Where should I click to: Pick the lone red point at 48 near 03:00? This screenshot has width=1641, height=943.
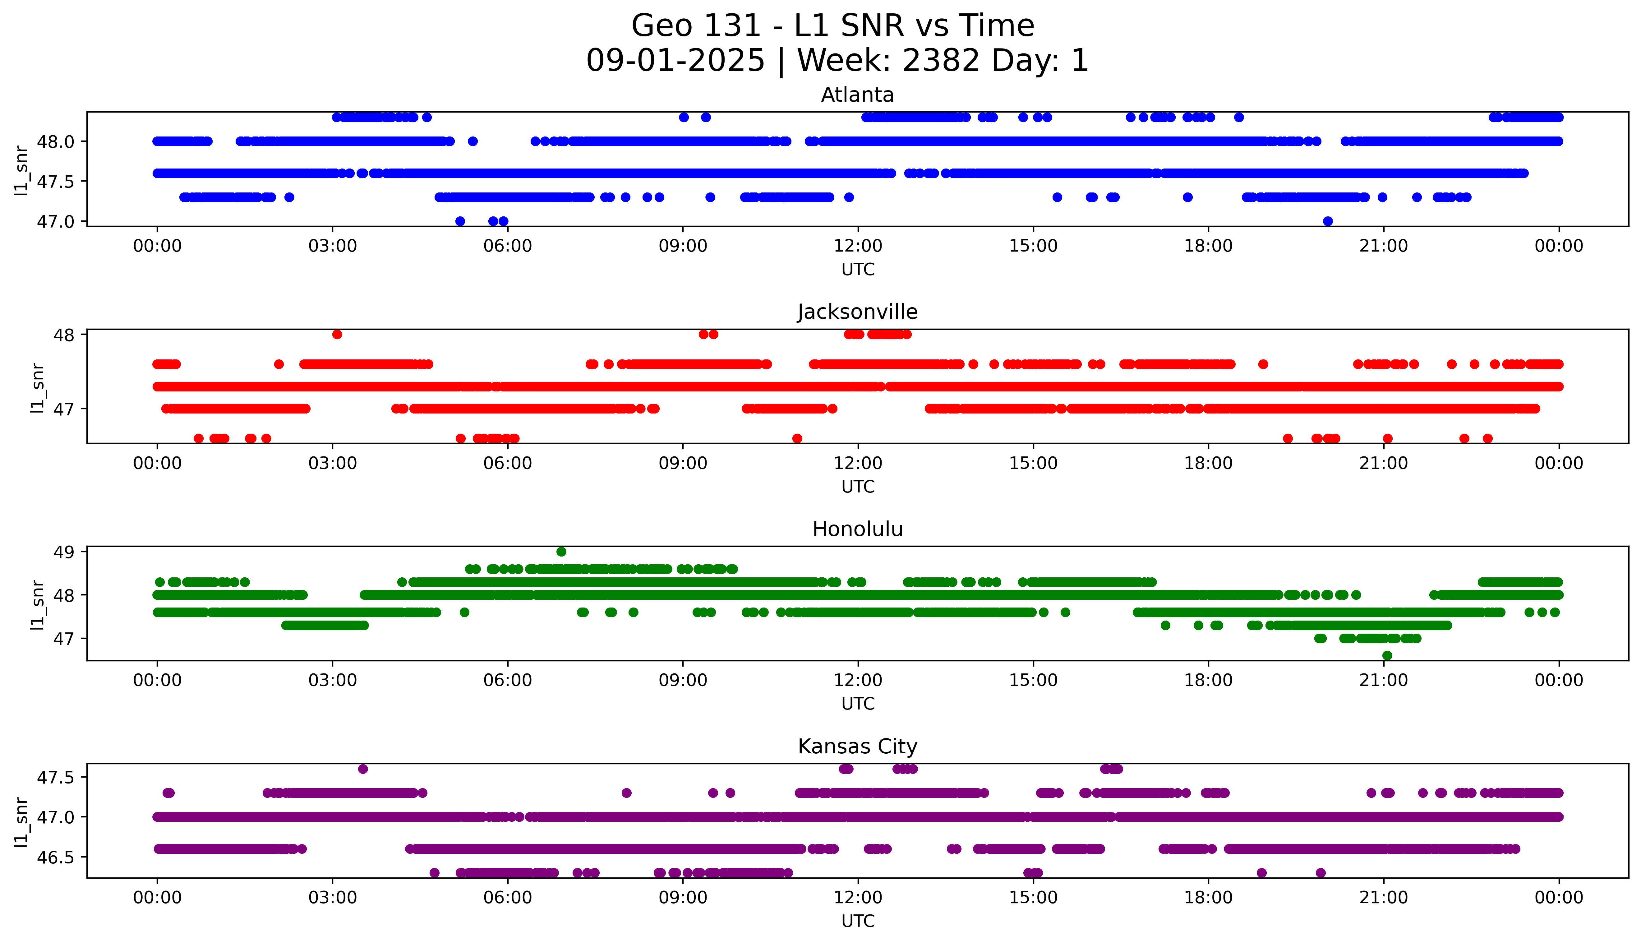(337, 334)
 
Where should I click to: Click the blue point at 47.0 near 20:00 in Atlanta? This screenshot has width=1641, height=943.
(1328, 221)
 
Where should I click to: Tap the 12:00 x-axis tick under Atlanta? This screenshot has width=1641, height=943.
(858, 246)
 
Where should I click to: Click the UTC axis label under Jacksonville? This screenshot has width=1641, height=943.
(858, 486)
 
